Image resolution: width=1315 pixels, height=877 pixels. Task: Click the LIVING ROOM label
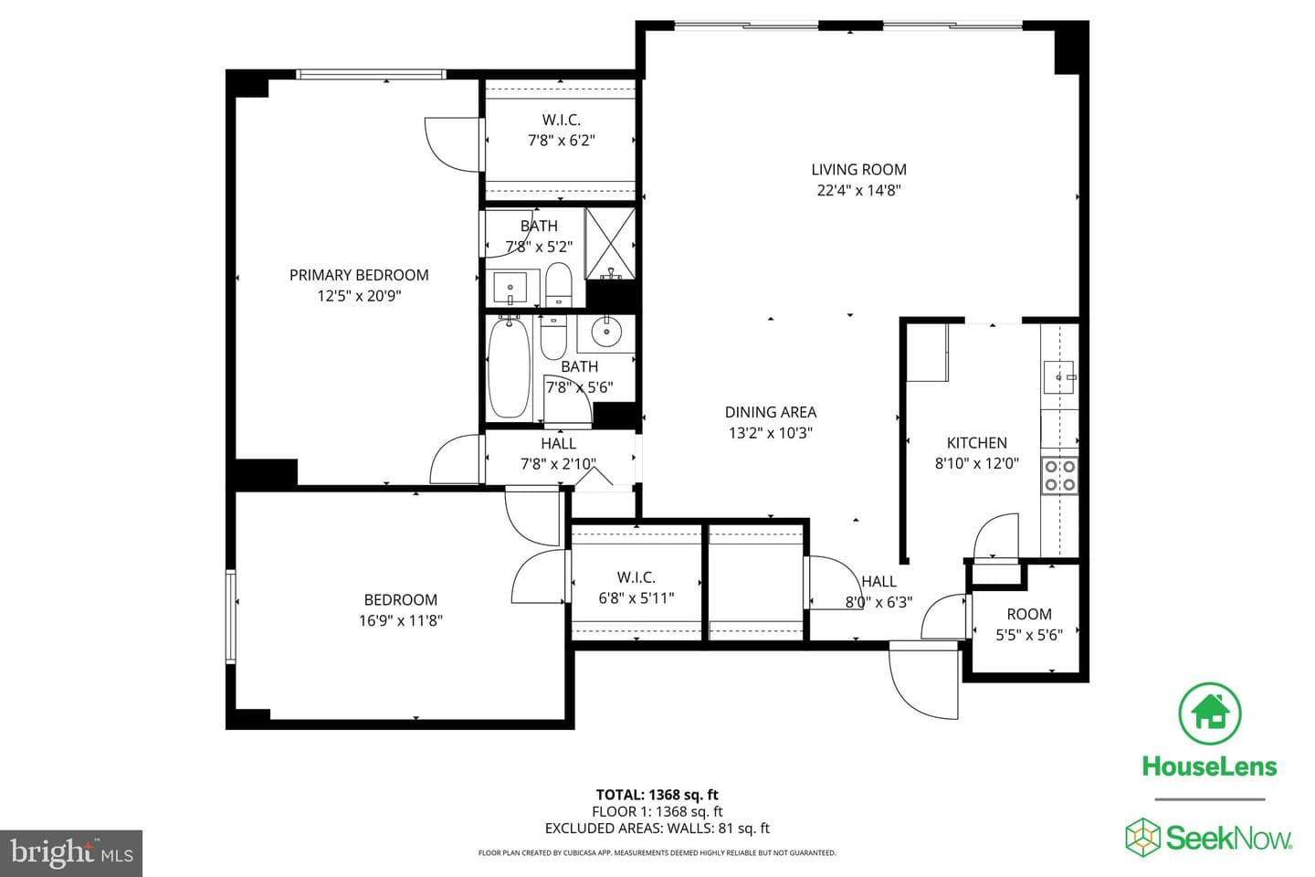point(858,170)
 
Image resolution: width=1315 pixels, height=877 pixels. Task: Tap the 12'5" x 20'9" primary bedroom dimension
point(359,295)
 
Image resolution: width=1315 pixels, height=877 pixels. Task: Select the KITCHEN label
point(977,443)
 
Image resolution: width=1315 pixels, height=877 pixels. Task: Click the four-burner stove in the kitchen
point(1059,476)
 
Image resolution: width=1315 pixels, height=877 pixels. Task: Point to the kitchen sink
point(1059,377)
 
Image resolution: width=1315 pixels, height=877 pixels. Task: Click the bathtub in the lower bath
point(509,369)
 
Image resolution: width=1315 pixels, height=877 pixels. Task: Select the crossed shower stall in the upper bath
point(611,244)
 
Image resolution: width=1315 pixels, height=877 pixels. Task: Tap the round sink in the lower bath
point(605,333)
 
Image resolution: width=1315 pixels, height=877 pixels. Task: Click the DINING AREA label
point(771,412)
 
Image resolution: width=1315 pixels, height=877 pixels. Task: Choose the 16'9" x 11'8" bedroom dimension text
point(401,620)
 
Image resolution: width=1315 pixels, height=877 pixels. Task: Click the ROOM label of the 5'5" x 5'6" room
point(1029,615)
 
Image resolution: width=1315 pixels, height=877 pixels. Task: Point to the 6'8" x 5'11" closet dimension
point(636,598)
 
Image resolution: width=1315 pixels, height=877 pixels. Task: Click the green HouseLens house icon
point(1210,713)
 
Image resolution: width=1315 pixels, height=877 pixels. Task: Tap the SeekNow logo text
point(1229,838)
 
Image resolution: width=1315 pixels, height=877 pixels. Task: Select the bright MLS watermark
point(71,853)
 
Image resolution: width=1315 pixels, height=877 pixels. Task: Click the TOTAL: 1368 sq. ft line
point(657,795)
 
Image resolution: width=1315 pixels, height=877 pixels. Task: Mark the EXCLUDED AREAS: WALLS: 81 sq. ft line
point(657,829)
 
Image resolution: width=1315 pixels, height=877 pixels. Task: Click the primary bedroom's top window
point(371,74)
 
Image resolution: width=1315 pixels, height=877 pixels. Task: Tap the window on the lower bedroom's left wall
point(231,617)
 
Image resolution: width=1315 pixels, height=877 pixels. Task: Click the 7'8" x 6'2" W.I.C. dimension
point(562,141)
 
